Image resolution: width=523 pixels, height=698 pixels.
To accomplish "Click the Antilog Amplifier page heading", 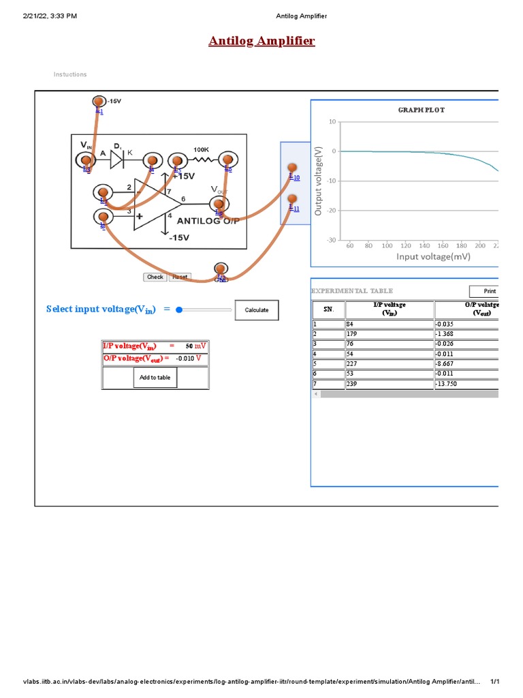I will [x=261, y=42].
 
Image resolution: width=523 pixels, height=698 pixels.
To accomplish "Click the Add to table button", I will [x=155, y=377].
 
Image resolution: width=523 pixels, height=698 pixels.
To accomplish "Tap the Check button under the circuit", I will [x=155, y=277].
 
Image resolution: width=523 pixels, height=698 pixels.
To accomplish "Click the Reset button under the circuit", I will [x=180, y=277].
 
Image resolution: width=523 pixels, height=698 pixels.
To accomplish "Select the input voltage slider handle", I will [x=179, y=309].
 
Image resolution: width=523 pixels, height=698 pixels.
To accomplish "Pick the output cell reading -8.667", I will [x=467, y=363].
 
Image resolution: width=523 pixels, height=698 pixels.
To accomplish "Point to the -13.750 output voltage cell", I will [x=467, y=384].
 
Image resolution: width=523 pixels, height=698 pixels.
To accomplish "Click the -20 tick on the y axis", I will [x=332, y=210].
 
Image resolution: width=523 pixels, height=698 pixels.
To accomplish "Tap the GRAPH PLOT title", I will [x=421, y=110].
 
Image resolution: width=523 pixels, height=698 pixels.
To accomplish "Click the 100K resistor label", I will [x=201, y=149].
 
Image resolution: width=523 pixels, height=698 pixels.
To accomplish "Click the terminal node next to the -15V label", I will [x=99, y=102].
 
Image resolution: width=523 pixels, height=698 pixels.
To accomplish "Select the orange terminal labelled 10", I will [x=292, y=168].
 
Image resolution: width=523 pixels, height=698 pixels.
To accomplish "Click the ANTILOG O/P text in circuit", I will [x=207, y=221].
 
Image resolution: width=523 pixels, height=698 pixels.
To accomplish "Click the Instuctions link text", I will [x=70, y=74].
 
